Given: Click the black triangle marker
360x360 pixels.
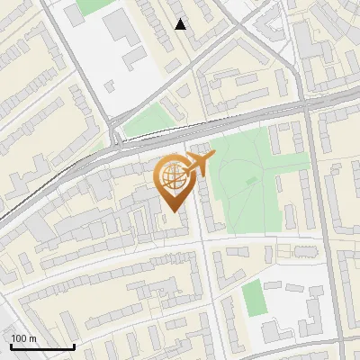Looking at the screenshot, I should [x=181, y=24].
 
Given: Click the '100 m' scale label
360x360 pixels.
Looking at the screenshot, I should [x=23, y=338].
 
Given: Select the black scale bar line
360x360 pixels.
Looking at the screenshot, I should [x=41, y=346].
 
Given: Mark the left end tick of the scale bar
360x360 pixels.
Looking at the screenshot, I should [x=10, y=345].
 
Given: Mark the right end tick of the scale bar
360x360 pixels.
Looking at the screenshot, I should [x=74, y=345].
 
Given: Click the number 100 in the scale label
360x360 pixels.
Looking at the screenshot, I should [x=19, y=338].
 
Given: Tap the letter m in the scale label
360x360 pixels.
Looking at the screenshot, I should [x=32, y=338].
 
